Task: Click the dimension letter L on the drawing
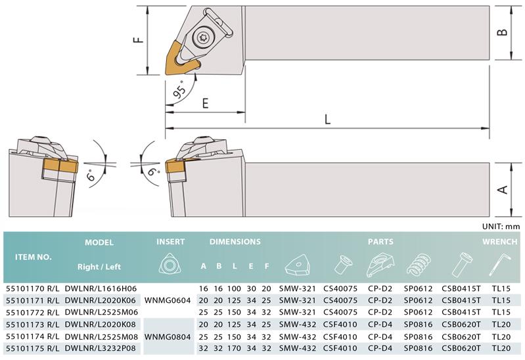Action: tap(327, 119)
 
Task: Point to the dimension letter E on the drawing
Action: tap(205, 103)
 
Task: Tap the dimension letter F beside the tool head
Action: tap(138, 39)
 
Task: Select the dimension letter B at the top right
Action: tap(502, 32)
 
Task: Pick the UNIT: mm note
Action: tap(501, 227)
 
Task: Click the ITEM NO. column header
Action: tap(34, 258)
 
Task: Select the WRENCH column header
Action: tap(499, 242)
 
